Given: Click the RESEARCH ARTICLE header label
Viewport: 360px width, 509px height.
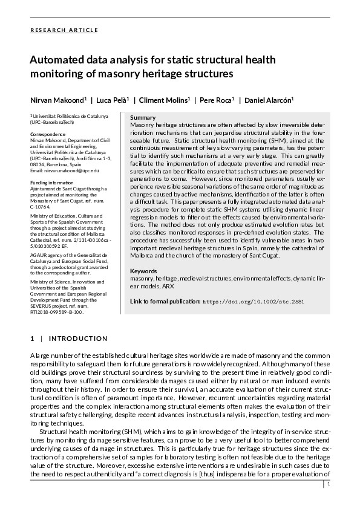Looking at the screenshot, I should point(64,30).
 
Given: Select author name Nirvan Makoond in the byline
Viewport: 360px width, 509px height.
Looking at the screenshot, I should point(58,99).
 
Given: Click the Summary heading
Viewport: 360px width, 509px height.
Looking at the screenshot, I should point(143,117).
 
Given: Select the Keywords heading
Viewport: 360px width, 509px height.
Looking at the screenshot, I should point(144,271).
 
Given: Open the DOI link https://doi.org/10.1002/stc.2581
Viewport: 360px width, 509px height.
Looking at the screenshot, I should point(254,301).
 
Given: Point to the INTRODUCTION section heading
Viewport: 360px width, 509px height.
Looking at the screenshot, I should point(78,339).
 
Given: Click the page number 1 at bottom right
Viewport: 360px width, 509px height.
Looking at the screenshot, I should point(329,484).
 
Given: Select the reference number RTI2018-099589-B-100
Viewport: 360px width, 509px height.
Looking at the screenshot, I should point(57,312).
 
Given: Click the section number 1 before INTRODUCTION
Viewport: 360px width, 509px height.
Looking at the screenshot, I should point(32,339).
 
